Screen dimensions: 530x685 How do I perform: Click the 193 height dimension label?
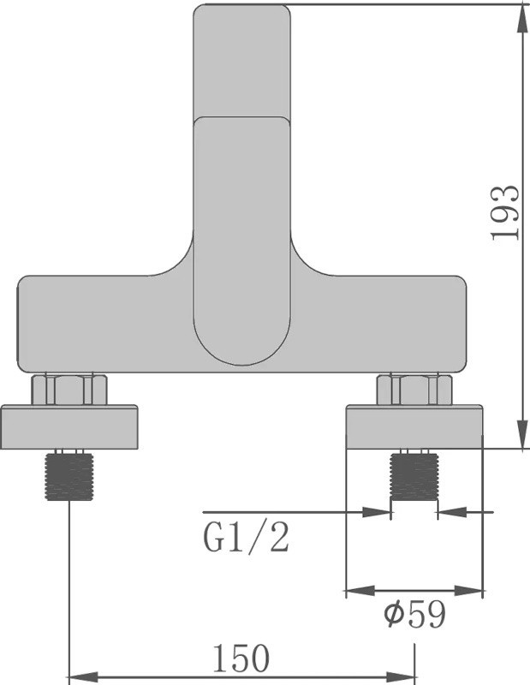click(x=505, y=212)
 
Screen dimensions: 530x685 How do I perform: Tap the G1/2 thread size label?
click(x=247, y=538)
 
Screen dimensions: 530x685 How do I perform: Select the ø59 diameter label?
click(x=415, y=614)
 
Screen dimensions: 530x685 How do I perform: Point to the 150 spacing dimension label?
click(x=241, y=658)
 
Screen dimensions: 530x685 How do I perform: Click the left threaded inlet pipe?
click(x=69, y=477)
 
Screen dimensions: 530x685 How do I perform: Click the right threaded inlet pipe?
click(x=414, y=477)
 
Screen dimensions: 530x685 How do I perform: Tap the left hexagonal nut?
click(x=69, y=390)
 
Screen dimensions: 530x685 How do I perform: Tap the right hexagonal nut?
click(x=414, y=390)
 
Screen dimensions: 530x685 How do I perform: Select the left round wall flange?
click(x=69, y=426)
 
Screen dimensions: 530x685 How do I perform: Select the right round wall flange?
click(x=414, y=426)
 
